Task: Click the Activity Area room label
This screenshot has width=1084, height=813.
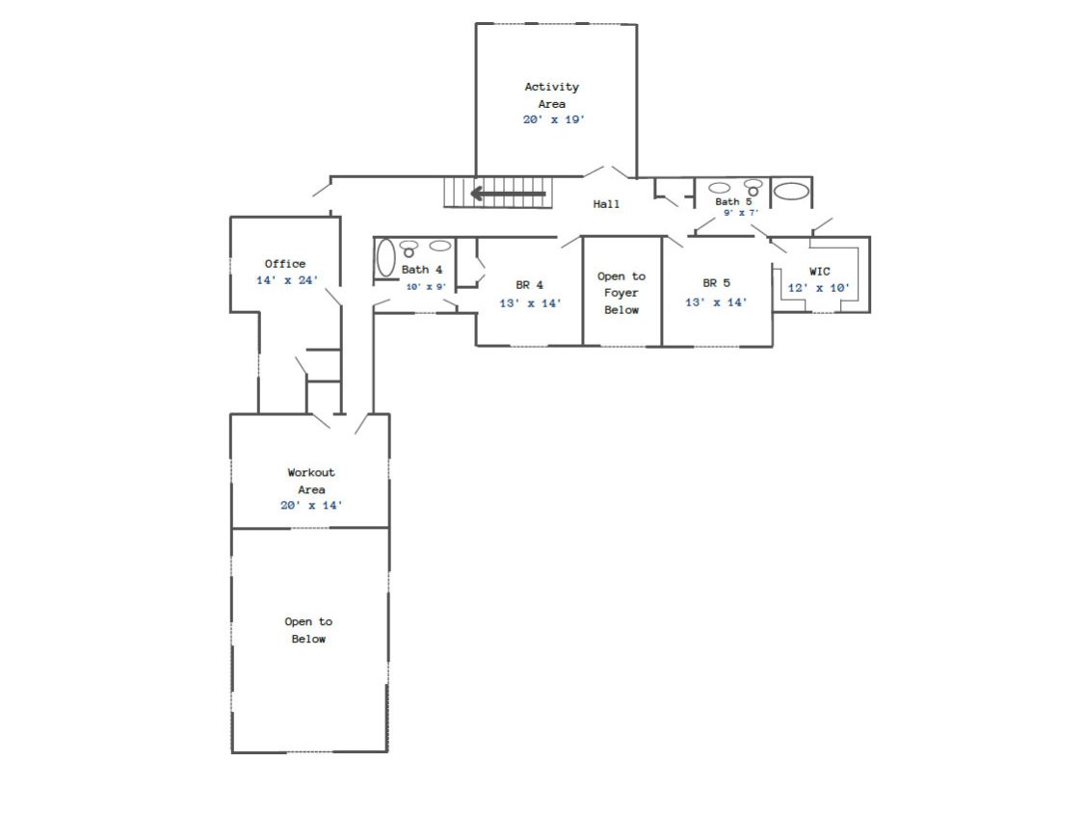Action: point(552,95)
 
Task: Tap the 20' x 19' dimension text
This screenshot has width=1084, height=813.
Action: point(553,119)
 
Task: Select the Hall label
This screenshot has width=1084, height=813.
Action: point(606,204)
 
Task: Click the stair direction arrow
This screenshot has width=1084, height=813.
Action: point(508,194)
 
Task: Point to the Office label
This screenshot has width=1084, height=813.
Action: point(285,263)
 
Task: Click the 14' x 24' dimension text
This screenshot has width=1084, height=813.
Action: point(287,280)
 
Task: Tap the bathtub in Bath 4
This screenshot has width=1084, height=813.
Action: point(385,258)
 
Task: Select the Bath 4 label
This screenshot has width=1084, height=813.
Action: point(422,270)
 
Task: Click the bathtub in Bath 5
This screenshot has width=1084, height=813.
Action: point(791,191)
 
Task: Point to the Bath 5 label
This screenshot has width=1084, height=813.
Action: point(733,202)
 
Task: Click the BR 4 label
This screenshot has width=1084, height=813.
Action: point(530,285)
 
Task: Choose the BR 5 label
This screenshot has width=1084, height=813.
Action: point(716,283)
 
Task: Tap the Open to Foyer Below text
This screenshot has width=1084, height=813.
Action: point(621,293)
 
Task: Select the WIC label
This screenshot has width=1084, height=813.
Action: point(819,272)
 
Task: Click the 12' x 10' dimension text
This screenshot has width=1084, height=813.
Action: point(818,288)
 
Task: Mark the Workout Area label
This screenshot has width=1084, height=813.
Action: point(311,482)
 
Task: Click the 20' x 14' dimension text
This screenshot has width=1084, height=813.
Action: point(311,506)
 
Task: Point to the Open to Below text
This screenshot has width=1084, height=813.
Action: point(308,631)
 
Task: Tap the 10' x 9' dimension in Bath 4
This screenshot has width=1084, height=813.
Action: point(426,287)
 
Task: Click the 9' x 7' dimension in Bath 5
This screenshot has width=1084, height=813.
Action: point(741,213)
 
